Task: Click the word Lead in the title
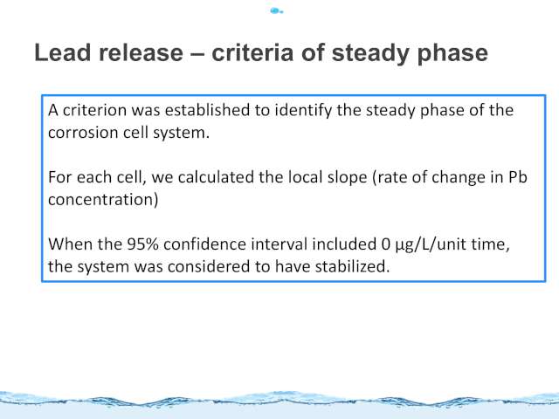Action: click(x=62, y=52)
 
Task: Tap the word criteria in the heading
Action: click(x=252, y=52)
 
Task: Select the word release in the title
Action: click(x=141, y=52)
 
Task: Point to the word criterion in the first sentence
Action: click(x=94, y=110)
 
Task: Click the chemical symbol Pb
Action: click(x=517, y=177)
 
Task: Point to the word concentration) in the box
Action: click(x=103, y=200)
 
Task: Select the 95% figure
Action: click(x=142, y=244)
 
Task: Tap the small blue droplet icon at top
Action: click(x=276, y=11)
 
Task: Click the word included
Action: click(x=344, y=244)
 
